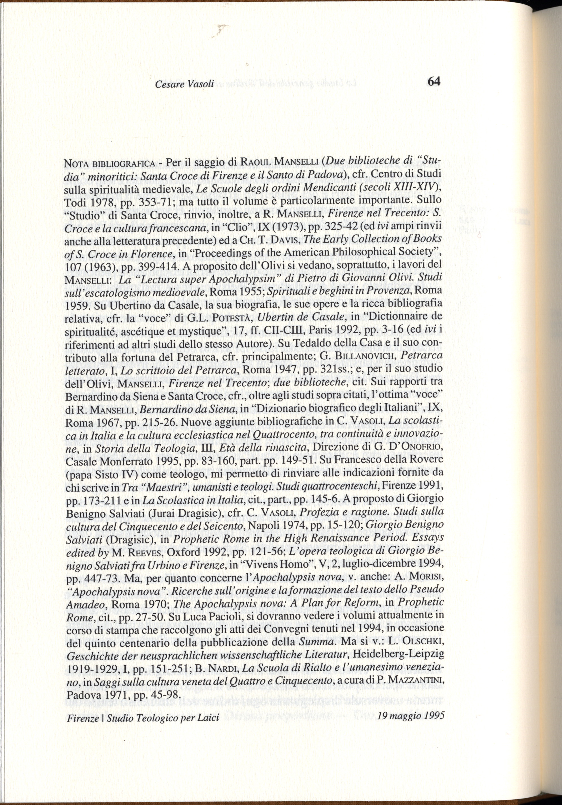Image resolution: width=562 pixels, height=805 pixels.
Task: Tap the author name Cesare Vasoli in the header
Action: [184, 84]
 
